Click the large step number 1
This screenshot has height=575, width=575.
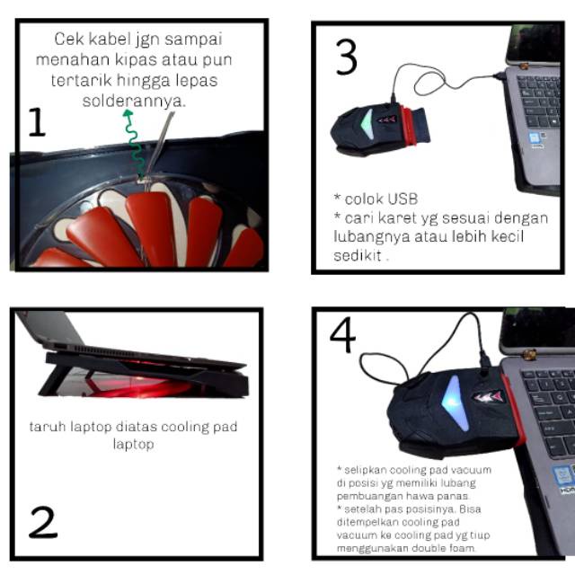tap(37, 122)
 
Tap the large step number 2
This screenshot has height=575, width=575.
tap(43, 522)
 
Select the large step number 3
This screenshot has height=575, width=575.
tap(346, 57)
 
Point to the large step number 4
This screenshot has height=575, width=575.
tap(342, 334)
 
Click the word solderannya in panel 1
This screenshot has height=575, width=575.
tap(134, 101)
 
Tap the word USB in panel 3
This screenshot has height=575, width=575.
tap(402, 199)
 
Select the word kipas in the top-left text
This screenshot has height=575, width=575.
tap(136, 60)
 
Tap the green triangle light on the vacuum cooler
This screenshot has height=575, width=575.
tap(367, 124)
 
